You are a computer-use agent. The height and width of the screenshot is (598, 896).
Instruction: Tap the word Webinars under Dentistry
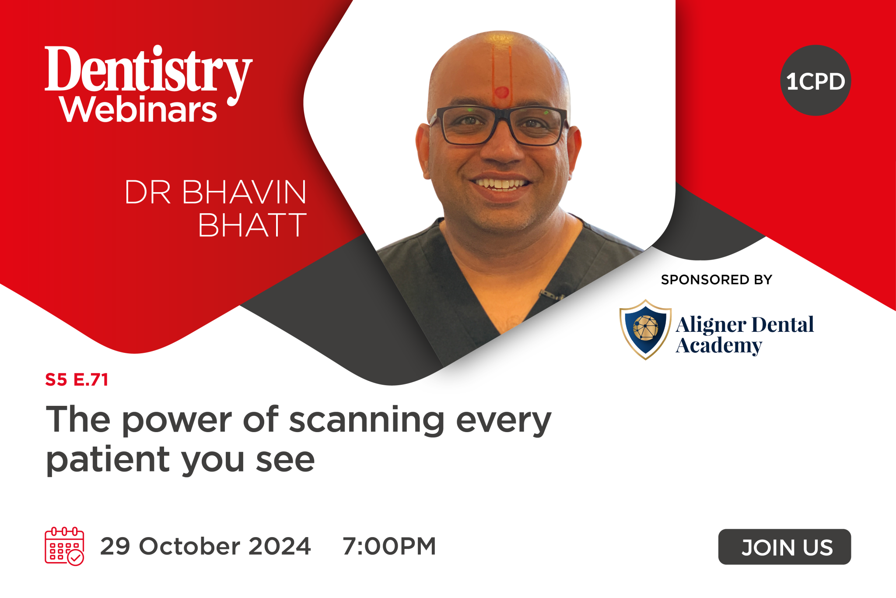(x=138, y=109)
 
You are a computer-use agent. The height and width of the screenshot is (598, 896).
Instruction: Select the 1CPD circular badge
(x=815, y=81)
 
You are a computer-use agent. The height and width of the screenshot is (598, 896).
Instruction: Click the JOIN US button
(x=784, y=547)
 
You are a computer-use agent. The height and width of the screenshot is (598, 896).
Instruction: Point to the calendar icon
(x=64, y=546)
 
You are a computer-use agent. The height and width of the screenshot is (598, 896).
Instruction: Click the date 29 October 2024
(x=205, y=546)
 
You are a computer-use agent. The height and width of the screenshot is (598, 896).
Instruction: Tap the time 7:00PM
(x=389, y=546)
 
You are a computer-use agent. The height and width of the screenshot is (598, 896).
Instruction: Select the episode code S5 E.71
(x=77, y=380)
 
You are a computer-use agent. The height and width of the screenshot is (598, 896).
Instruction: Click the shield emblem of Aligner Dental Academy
(x=645, y=329)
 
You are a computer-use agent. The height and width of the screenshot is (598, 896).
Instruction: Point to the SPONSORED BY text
(x=716, y=280)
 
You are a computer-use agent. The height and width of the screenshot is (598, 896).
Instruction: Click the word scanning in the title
(x=367, y=420)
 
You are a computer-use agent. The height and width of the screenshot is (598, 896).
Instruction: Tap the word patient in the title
(x=108, y=461)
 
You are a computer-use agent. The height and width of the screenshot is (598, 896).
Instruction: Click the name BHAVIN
(x=244, y=192)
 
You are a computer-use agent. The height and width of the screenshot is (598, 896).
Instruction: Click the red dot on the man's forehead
(x=501, y=92)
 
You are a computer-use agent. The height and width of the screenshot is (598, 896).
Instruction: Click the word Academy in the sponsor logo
(x=719, y=346)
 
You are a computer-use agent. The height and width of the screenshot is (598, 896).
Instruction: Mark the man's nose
(x=502, y=149)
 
